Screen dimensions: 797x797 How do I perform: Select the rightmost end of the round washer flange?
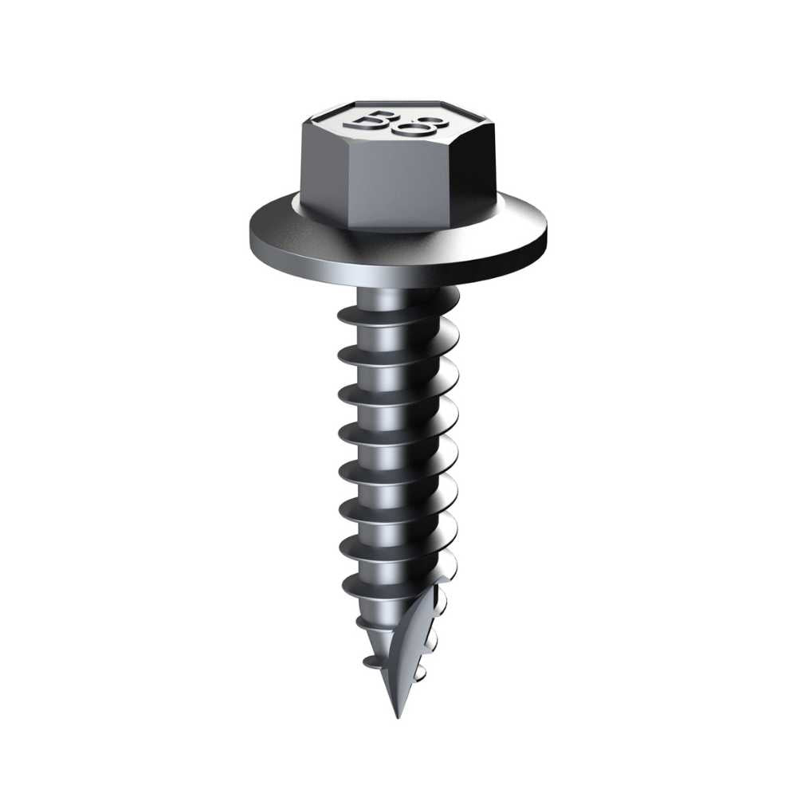547,231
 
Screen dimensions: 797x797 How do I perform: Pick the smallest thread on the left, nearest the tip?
368,662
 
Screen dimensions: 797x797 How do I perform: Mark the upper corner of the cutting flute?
445,579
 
